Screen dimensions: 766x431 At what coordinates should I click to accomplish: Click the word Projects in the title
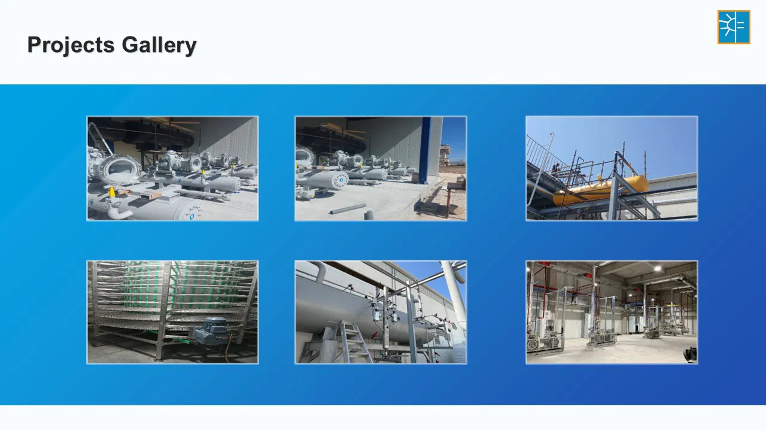click(71, 45)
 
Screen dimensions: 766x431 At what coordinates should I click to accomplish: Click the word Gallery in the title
click(159, 45)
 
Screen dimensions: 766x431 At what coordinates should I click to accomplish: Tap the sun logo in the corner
click(734, 27)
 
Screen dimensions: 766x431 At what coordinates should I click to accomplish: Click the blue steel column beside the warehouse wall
click(425, 150)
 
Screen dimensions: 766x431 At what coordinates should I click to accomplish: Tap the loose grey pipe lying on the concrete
click(348, 209)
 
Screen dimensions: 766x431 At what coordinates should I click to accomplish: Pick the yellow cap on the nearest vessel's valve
click(111, 192)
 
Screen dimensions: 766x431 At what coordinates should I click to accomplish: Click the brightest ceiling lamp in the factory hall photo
click(657, 269)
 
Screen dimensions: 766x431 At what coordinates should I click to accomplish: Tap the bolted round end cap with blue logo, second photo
click(339, 181)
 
